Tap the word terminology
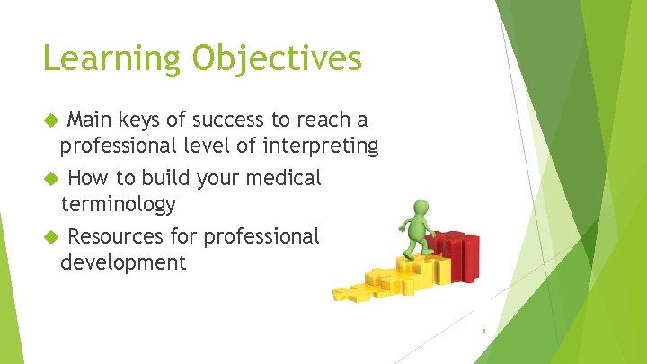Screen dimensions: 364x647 (x=118, y=204)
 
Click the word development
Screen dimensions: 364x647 (x=122, y=262)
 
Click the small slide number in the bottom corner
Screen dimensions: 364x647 (x=483, y=330)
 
